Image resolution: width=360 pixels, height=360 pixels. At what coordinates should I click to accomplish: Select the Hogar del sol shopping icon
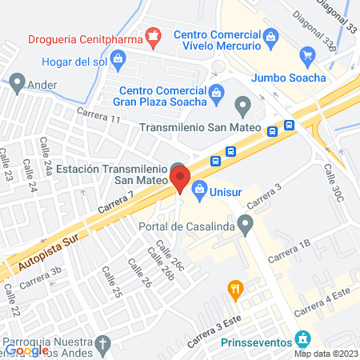click(x=118, y=58)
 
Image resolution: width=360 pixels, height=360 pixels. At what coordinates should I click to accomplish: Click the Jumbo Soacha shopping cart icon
click(x=306, y=55)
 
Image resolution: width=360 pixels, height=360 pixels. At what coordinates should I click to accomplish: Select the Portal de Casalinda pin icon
click(x=246, y=222)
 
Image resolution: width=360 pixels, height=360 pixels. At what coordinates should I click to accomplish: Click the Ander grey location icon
click(x=17, y=81)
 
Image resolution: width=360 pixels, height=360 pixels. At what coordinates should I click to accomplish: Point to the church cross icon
click(x=102, y=345)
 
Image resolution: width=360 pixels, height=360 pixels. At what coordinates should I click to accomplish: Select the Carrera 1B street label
click(x=289, y=250)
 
